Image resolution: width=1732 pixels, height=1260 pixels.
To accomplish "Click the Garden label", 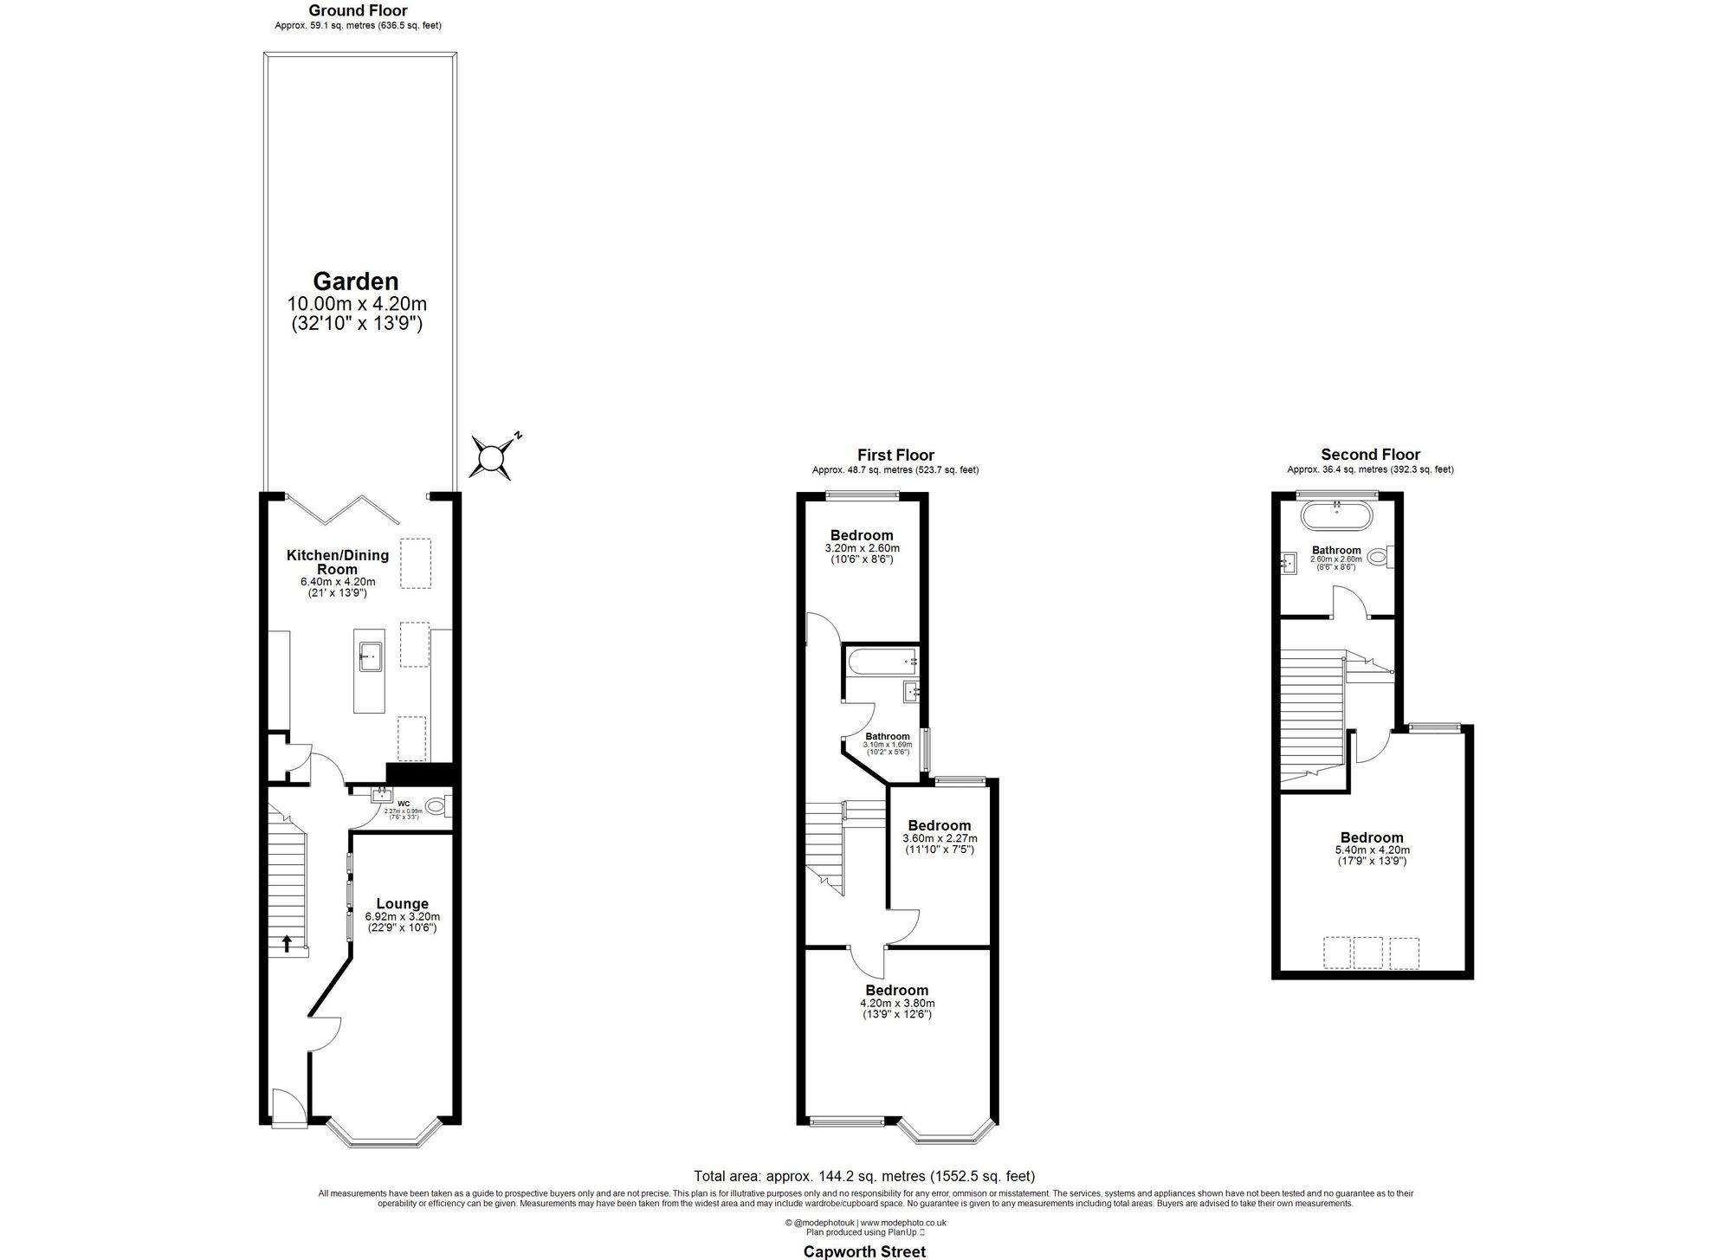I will click(x=356, y=281).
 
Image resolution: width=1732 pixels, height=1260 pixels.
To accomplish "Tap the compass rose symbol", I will click(x=492, y=456).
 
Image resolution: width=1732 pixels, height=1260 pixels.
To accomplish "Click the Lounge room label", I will click(x=402, y=904).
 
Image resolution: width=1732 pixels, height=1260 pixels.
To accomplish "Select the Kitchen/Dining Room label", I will click(x=338, y=562).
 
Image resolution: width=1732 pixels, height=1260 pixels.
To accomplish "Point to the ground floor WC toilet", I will click(x=437, y=806).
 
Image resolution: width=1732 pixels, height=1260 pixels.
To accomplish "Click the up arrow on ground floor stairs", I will click(x=287, y=943).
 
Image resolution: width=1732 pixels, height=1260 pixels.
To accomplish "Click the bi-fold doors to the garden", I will click(x=343, y=509).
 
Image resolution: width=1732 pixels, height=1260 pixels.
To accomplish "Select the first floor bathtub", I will click(x=882, y=662).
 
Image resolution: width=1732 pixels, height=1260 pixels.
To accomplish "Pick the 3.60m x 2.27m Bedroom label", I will click(x=940, y=825).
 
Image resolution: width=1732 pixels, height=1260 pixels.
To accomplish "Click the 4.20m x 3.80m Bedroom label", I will click(x=896, y=990).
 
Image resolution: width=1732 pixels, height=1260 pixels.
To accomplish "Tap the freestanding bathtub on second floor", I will click(x=1336, y=518).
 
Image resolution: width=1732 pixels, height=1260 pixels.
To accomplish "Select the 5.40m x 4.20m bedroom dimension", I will click(x=1372, y=850).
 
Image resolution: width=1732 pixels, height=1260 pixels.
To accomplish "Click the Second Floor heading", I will click(x=1370, y=455).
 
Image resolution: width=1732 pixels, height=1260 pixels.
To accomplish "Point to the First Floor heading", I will click(x=895, y=456).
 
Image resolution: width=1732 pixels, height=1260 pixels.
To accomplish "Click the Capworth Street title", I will click(x=864, y=1251).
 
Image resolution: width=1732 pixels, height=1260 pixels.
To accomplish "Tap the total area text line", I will click(x=864, y=1176).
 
